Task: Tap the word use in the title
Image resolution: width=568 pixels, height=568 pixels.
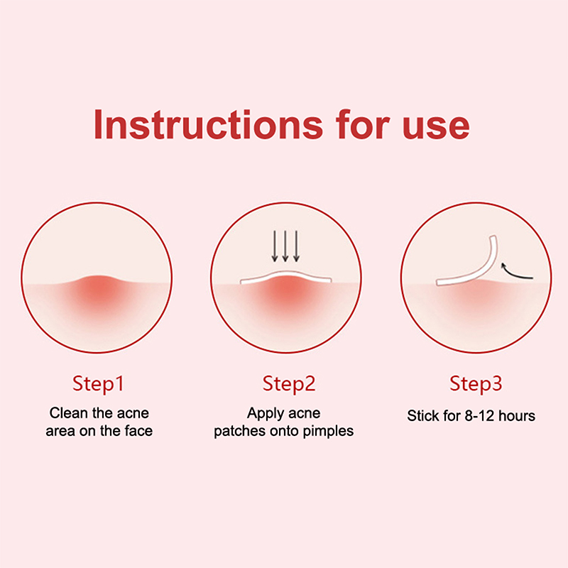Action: [x=436, y=127]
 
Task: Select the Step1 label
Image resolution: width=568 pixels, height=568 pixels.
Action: [x=98, y=384]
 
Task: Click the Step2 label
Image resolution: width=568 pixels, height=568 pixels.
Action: [x=289, y=384]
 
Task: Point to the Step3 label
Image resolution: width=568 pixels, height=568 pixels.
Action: [x=476, y=384]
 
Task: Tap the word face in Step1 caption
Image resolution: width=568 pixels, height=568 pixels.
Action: [x=138, y=431]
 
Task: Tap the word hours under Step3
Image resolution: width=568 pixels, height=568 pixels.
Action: [x=517, y=416]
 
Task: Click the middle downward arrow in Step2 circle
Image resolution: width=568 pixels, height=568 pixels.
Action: [x=285, y=246]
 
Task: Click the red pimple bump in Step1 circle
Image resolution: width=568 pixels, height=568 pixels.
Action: [x=97, y=287]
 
